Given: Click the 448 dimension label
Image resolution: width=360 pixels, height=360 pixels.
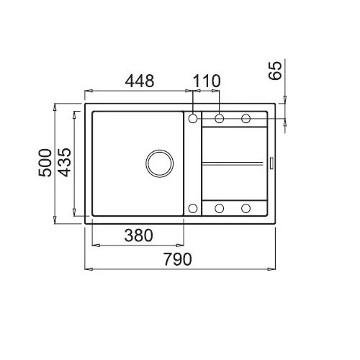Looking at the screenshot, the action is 140,81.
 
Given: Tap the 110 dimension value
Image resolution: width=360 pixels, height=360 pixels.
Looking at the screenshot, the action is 207,81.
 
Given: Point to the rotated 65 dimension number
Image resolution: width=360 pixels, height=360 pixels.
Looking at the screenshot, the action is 275,71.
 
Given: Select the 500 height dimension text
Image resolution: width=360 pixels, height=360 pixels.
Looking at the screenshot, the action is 45,163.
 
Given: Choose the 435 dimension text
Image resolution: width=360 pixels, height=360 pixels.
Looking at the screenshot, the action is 64,162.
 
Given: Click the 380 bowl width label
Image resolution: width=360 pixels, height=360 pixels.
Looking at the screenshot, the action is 138,235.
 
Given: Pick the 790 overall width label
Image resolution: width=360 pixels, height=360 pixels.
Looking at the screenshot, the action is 178,259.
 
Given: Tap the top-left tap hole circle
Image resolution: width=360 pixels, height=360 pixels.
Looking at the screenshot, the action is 193,118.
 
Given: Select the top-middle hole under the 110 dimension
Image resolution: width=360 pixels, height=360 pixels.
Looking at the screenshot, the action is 220,118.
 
